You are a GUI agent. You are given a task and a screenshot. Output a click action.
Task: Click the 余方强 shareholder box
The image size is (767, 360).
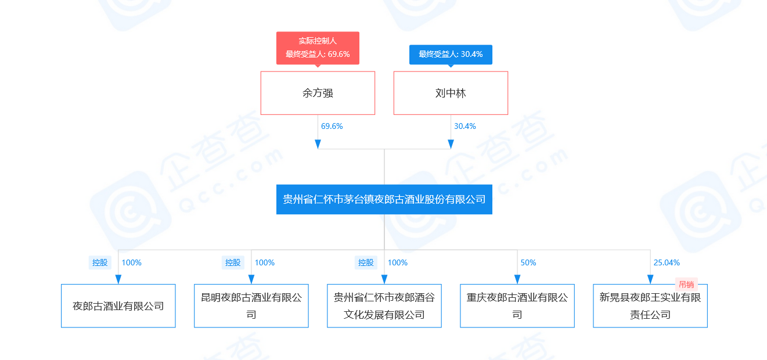point(318,93)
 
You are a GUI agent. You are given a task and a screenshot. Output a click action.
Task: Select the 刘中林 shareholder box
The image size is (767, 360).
point(451,93)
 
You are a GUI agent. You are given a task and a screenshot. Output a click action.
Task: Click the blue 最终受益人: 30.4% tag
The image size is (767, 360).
point(451,54)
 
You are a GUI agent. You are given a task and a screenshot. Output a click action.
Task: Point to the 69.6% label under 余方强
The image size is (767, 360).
point(332,126)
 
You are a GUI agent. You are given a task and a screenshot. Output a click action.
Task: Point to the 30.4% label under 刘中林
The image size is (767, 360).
point(464,126)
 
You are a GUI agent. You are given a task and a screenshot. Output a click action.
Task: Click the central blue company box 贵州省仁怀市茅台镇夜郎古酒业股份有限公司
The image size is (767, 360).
point(384,199)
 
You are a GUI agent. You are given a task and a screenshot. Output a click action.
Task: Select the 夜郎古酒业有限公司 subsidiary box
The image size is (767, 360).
point(118,306)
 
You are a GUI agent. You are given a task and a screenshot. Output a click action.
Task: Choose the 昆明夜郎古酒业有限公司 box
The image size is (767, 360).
point(251,306)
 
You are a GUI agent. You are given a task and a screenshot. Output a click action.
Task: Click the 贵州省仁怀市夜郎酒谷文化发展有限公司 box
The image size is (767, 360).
point(384,306)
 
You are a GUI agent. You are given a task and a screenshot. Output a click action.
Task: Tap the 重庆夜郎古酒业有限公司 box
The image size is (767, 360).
point(517,306)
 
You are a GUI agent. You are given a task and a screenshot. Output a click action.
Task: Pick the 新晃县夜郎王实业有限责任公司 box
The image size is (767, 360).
point(650,306)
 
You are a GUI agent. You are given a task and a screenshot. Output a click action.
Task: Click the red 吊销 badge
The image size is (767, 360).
point(686,285)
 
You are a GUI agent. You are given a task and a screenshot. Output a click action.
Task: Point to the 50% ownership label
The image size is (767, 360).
point(528,262)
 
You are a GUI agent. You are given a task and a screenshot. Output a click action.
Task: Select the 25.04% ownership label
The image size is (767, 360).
point(666,262)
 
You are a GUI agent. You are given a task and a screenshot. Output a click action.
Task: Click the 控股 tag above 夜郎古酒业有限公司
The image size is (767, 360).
point(100,262)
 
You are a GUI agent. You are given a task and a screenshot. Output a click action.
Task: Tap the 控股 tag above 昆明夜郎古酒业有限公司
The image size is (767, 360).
point(233,262)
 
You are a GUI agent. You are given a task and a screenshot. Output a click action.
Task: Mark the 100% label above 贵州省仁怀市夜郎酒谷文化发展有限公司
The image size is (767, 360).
point(397,262)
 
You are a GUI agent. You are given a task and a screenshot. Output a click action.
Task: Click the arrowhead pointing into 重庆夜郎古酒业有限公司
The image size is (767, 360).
point(517,279)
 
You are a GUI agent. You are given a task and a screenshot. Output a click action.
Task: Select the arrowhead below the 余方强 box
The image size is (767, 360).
point(318,144)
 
